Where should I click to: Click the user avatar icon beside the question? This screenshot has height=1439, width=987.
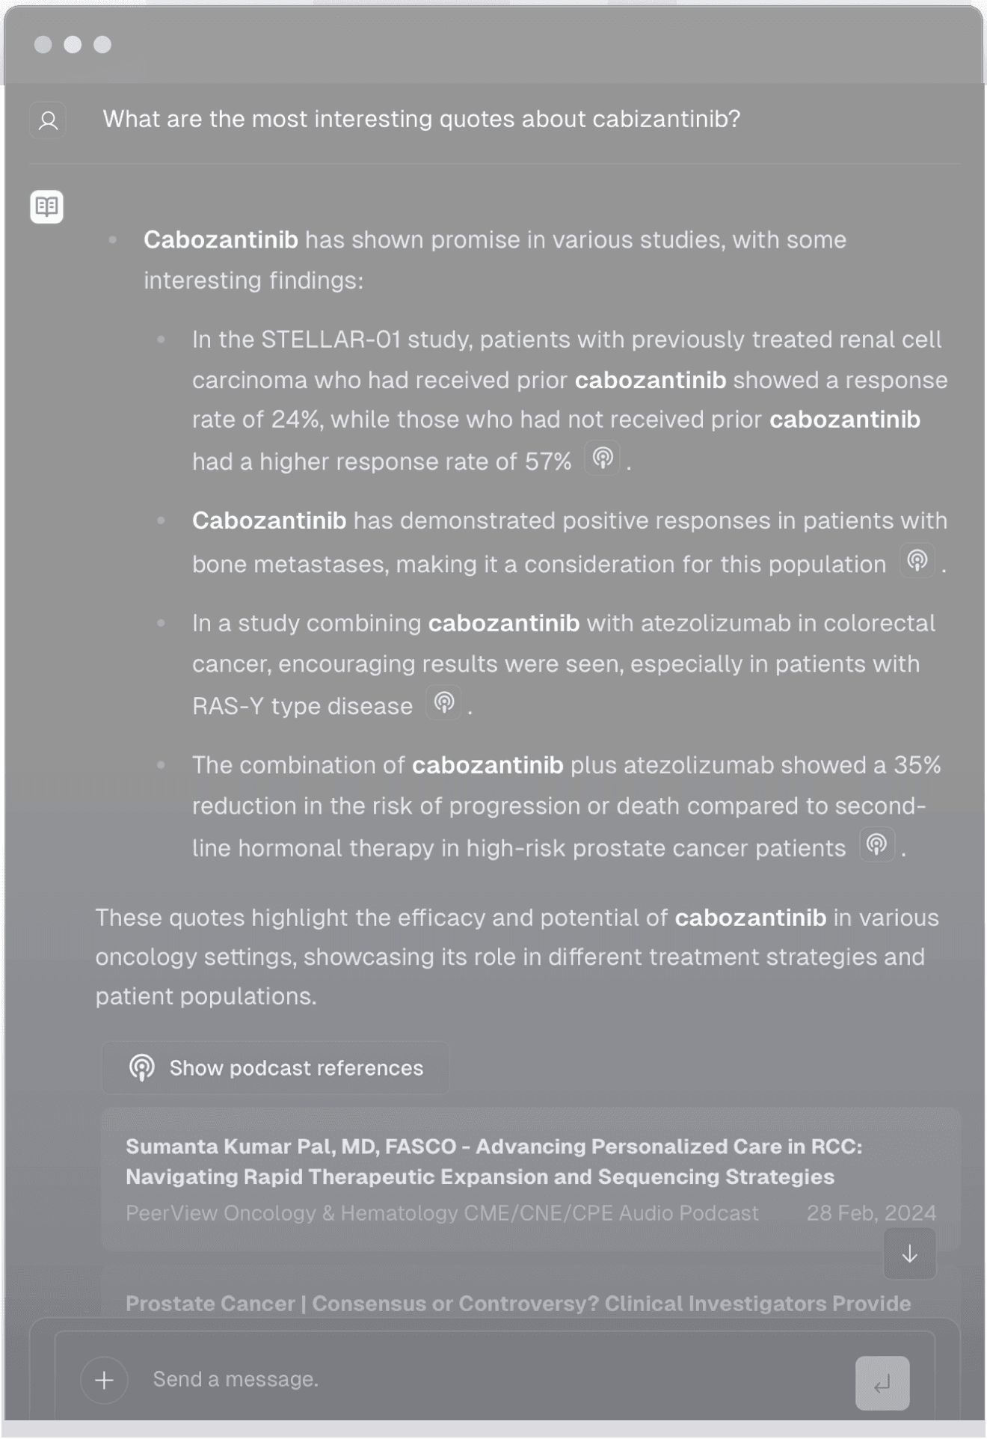[x=48, y=120]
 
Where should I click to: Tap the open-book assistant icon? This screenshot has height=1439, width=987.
[x=46, y=206]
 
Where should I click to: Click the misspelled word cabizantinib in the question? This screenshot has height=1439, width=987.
[x=665, y=119]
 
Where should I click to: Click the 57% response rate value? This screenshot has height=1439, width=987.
[x=548, y=461]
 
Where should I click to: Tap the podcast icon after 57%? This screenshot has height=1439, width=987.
[x=603, y=458]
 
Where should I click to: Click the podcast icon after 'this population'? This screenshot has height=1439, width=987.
[x=917, y=560]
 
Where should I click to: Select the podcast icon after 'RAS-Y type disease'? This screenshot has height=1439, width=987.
[x=444, y=702]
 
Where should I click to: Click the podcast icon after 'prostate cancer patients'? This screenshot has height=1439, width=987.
[x=877, y=844]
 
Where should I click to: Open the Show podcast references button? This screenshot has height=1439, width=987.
[x=276, y=1067]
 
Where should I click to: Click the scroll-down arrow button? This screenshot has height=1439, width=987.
[x=909, y=1254]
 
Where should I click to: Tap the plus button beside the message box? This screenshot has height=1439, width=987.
[x=105, y=1380]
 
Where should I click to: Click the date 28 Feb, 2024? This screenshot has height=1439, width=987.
[x=871, y=1212]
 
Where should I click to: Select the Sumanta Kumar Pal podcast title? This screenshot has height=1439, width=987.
[x=493, y=1162]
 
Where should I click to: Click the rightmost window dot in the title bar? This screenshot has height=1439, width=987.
[x=102, y=45]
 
